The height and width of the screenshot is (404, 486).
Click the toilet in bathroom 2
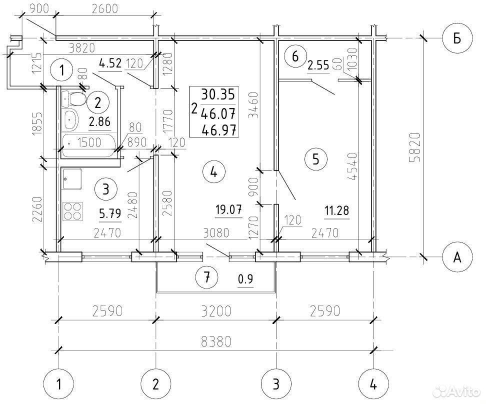[73, 99]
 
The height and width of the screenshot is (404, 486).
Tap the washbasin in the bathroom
[70, 120]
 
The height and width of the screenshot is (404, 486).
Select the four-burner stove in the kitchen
[73, 211]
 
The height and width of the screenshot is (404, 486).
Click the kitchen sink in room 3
[72, 179]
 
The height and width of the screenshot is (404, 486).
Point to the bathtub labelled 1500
[88, 145]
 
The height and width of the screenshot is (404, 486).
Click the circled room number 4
[213, 171]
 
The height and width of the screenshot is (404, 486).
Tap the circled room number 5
[316, 159]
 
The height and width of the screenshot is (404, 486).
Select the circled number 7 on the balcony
[207, 277]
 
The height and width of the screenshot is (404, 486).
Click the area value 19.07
[228, 210]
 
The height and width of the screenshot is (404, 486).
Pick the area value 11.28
[336, 211]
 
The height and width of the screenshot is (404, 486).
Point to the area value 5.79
[110, 214]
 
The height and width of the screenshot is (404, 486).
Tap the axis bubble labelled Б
[457, 38]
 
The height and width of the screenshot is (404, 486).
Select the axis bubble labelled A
[457, 256]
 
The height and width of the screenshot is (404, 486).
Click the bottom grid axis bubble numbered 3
[276, 384]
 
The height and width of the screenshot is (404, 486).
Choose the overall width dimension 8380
[216, 342]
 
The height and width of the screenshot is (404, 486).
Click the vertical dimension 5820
[415, 147]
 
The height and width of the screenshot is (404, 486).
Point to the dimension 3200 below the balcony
[216, 311]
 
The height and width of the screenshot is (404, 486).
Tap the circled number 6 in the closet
[295, 56]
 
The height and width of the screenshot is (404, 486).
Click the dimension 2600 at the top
[105, 9]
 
